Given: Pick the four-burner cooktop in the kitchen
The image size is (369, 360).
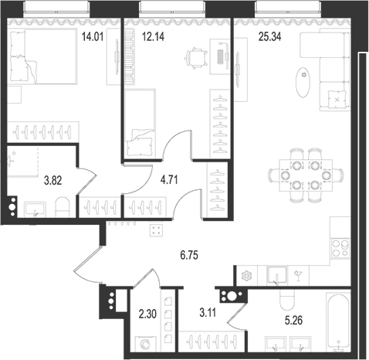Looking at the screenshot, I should [x=340, y=249].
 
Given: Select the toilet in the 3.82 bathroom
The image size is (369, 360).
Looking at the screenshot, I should [x=64, y=205].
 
